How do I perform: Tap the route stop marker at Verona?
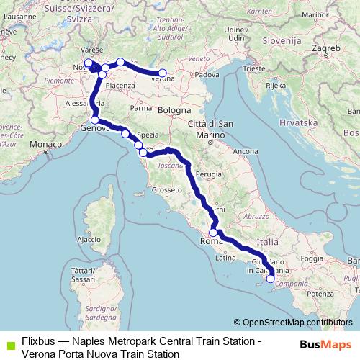click(x=163, y=73)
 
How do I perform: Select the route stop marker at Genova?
click(x=95, y=120)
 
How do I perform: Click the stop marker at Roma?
click(x=213, y=233)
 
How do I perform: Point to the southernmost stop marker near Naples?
click(x=270, y=279)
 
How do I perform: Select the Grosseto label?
click(x=165, y=191)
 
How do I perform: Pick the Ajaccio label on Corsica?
click(x=89, y=239)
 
